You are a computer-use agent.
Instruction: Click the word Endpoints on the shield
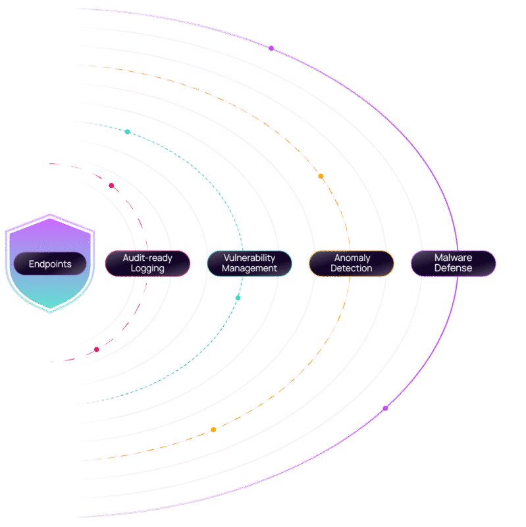(50, 264)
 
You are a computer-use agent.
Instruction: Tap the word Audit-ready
(147, 258)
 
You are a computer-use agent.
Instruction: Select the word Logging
(147, 269)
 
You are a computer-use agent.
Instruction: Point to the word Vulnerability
(250, 258)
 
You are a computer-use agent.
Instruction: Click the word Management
(250, 269)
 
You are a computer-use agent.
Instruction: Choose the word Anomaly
(352, 258)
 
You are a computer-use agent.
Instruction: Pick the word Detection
(352, 269)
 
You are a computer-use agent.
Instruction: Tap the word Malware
(453, 258)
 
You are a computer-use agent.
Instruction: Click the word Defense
(453, 269)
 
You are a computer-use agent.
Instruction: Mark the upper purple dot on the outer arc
(271, 48)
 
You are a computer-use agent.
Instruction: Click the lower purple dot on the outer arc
(386, 408)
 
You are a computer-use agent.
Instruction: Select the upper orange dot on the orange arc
(321, 177)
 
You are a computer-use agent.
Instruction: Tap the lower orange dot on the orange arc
(213, 430)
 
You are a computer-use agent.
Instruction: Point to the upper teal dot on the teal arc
(127, 132)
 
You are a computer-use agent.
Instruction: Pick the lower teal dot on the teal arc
(238, 298)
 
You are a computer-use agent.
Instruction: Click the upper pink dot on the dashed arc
(111, 186)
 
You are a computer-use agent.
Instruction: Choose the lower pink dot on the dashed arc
(97, 349)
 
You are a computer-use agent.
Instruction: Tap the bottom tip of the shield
(50, 312)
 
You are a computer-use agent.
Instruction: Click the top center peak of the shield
(50, 215)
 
